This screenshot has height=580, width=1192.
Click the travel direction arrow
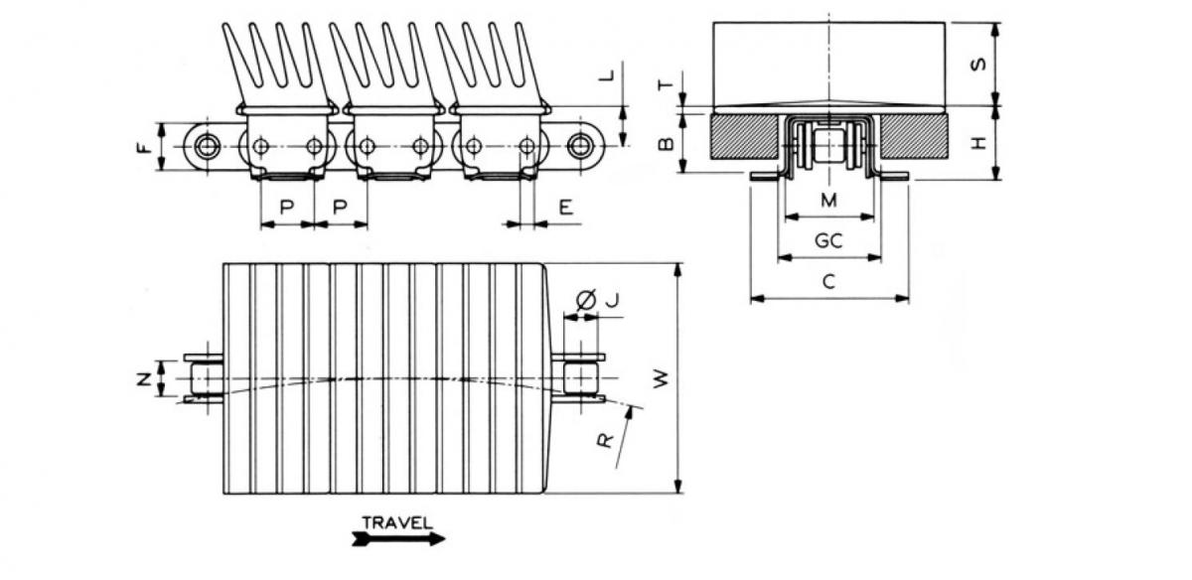coord(396,539)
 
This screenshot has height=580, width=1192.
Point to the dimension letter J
coord(612,299)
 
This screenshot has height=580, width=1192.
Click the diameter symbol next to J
coord(585,299)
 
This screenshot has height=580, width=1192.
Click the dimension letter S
coord(977,64)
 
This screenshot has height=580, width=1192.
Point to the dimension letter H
coord(977,143)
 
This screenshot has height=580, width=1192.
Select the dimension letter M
coord(828,201)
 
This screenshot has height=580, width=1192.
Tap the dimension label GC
coord(828,241)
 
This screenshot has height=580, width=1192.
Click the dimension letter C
coord(828,282)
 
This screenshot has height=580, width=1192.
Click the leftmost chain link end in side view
coord(206,147)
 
